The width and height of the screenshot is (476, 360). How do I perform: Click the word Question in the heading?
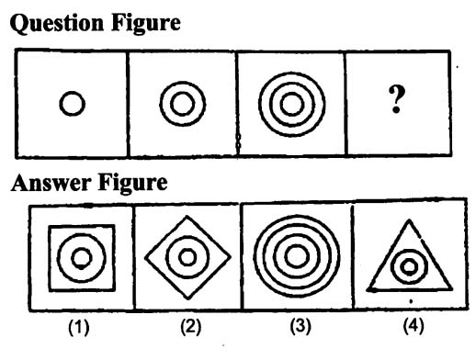point(56,24)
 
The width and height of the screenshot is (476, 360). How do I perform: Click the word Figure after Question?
point(146,24)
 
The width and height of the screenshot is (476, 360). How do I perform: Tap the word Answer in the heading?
point(51,183)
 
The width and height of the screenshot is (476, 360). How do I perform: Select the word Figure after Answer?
point(132,184)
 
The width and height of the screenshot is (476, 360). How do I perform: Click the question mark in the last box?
point(397,99)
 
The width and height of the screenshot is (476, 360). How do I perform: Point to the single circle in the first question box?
point(73,92)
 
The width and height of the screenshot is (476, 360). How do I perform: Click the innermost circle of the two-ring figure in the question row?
point(183,93)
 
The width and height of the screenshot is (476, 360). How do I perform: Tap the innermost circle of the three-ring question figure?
point(291,93)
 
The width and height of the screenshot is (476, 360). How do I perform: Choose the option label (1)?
point(79,327)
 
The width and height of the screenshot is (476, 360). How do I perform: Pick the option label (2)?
point(191,326)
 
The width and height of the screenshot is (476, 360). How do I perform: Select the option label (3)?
point(300,326)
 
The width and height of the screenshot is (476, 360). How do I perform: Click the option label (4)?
point(414,325)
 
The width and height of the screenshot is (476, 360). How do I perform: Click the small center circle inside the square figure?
point(82,249)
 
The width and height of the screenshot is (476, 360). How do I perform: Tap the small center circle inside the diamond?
point(187,249)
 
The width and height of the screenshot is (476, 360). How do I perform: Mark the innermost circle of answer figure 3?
point(297,245)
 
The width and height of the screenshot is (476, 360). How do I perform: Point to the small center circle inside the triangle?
point(410,259)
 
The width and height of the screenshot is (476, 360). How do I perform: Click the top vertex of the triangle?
point(409,219)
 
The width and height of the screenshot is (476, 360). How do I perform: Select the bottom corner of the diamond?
point(188,298)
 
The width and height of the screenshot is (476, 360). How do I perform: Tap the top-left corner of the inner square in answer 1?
point(50,227)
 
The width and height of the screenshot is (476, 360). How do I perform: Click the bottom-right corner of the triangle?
point(451,288)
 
